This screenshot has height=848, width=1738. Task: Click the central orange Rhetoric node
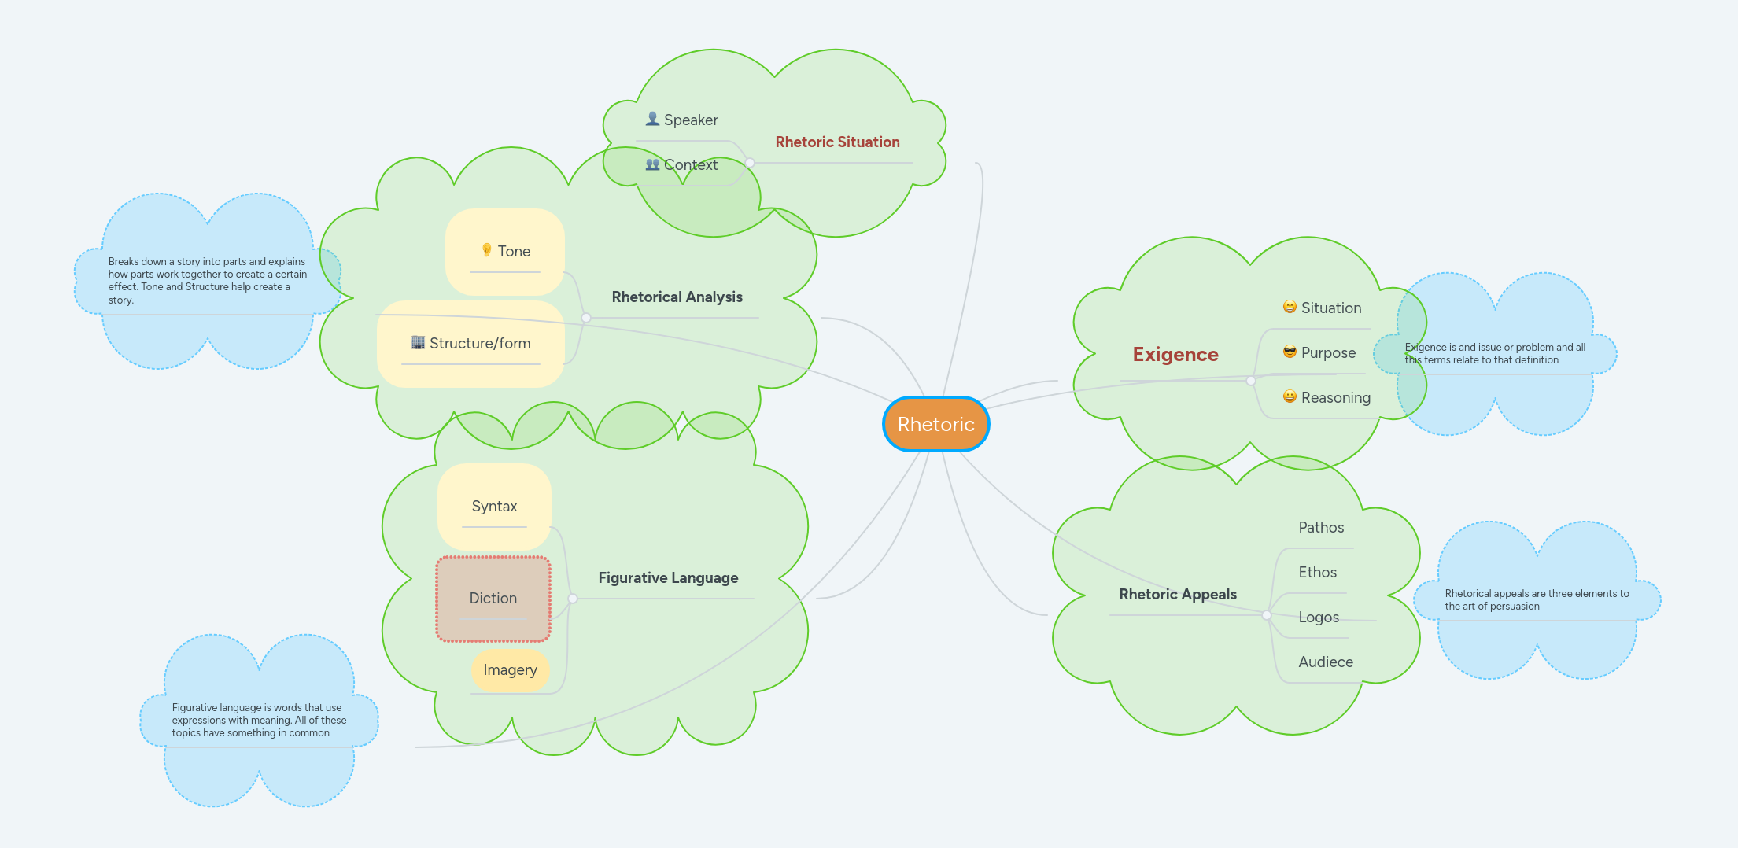[935, 424]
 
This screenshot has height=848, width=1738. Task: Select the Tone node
[505, 252]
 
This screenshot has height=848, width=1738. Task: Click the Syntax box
[494, 507]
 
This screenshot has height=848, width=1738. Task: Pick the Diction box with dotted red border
[493, 599]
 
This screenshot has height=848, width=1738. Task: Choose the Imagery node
[510, 670]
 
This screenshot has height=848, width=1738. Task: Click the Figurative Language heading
[668, 578]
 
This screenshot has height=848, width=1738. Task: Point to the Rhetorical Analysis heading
[677, 297]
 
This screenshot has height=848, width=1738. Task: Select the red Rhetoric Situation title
[837, 142]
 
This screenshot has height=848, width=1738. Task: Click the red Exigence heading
[1175, 355]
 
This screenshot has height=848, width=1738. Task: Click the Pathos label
[1321, 528]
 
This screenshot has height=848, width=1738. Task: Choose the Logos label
[1319, 618]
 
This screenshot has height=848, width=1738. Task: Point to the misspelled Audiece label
[1326, 662]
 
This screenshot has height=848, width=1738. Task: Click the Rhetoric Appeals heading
[1177, 595]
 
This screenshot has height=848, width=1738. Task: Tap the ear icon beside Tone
[486, 250]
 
